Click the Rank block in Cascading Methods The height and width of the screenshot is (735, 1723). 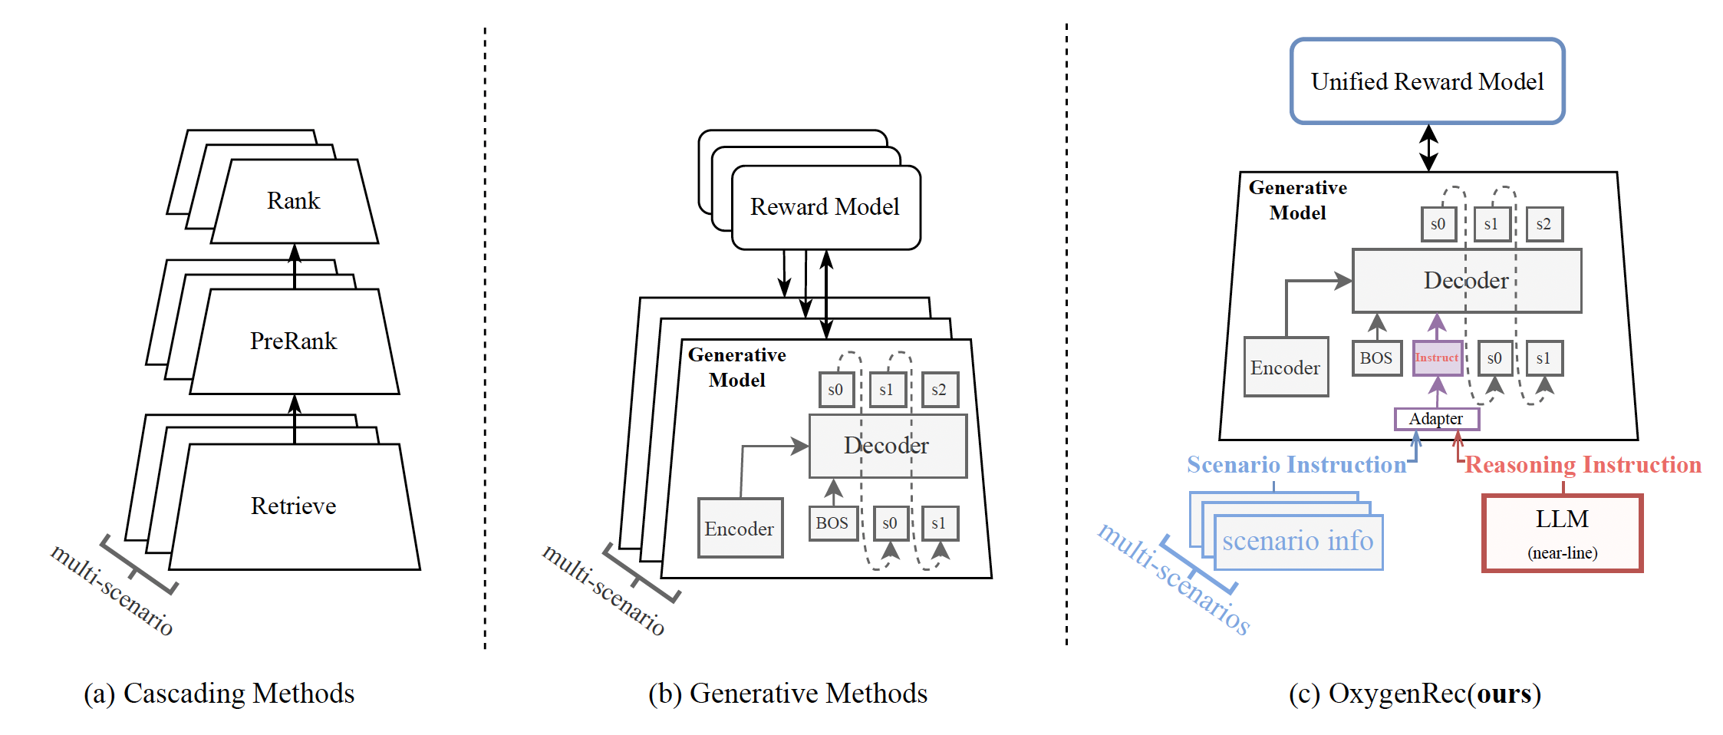294,201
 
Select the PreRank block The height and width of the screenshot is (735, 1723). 294,341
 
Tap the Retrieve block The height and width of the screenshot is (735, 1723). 294,506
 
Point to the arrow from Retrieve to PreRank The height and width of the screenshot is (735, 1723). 295,420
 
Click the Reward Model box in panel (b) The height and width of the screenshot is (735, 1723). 825,207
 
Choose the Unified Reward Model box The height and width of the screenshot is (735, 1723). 1427,81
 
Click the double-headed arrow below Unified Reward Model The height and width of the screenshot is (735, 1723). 1428,147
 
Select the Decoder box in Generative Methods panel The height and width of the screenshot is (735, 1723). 887,446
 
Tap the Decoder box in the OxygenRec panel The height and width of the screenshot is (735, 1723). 1466,281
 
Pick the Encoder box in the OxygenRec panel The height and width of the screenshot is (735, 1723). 1286,367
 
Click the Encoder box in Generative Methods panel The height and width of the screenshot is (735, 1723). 740,529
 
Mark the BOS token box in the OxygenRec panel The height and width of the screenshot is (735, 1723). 1376,358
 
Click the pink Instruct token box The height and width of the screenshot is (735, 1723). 1437,358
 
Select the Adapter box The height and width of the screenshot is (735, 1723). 1436,419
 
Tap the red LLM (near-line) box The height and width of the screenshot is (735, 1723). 1562,533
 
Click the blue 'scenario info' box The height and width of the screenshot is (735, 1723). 1298,542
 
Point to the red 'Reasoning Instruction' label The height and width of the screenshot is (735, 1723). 1583,465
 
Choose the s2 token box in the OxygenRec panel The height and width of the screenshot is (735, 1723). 1543,224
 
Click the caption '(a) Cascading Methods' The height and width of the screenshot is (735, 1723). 219,694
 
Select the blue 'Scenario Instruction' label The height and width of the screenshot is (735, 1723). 1296,465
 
